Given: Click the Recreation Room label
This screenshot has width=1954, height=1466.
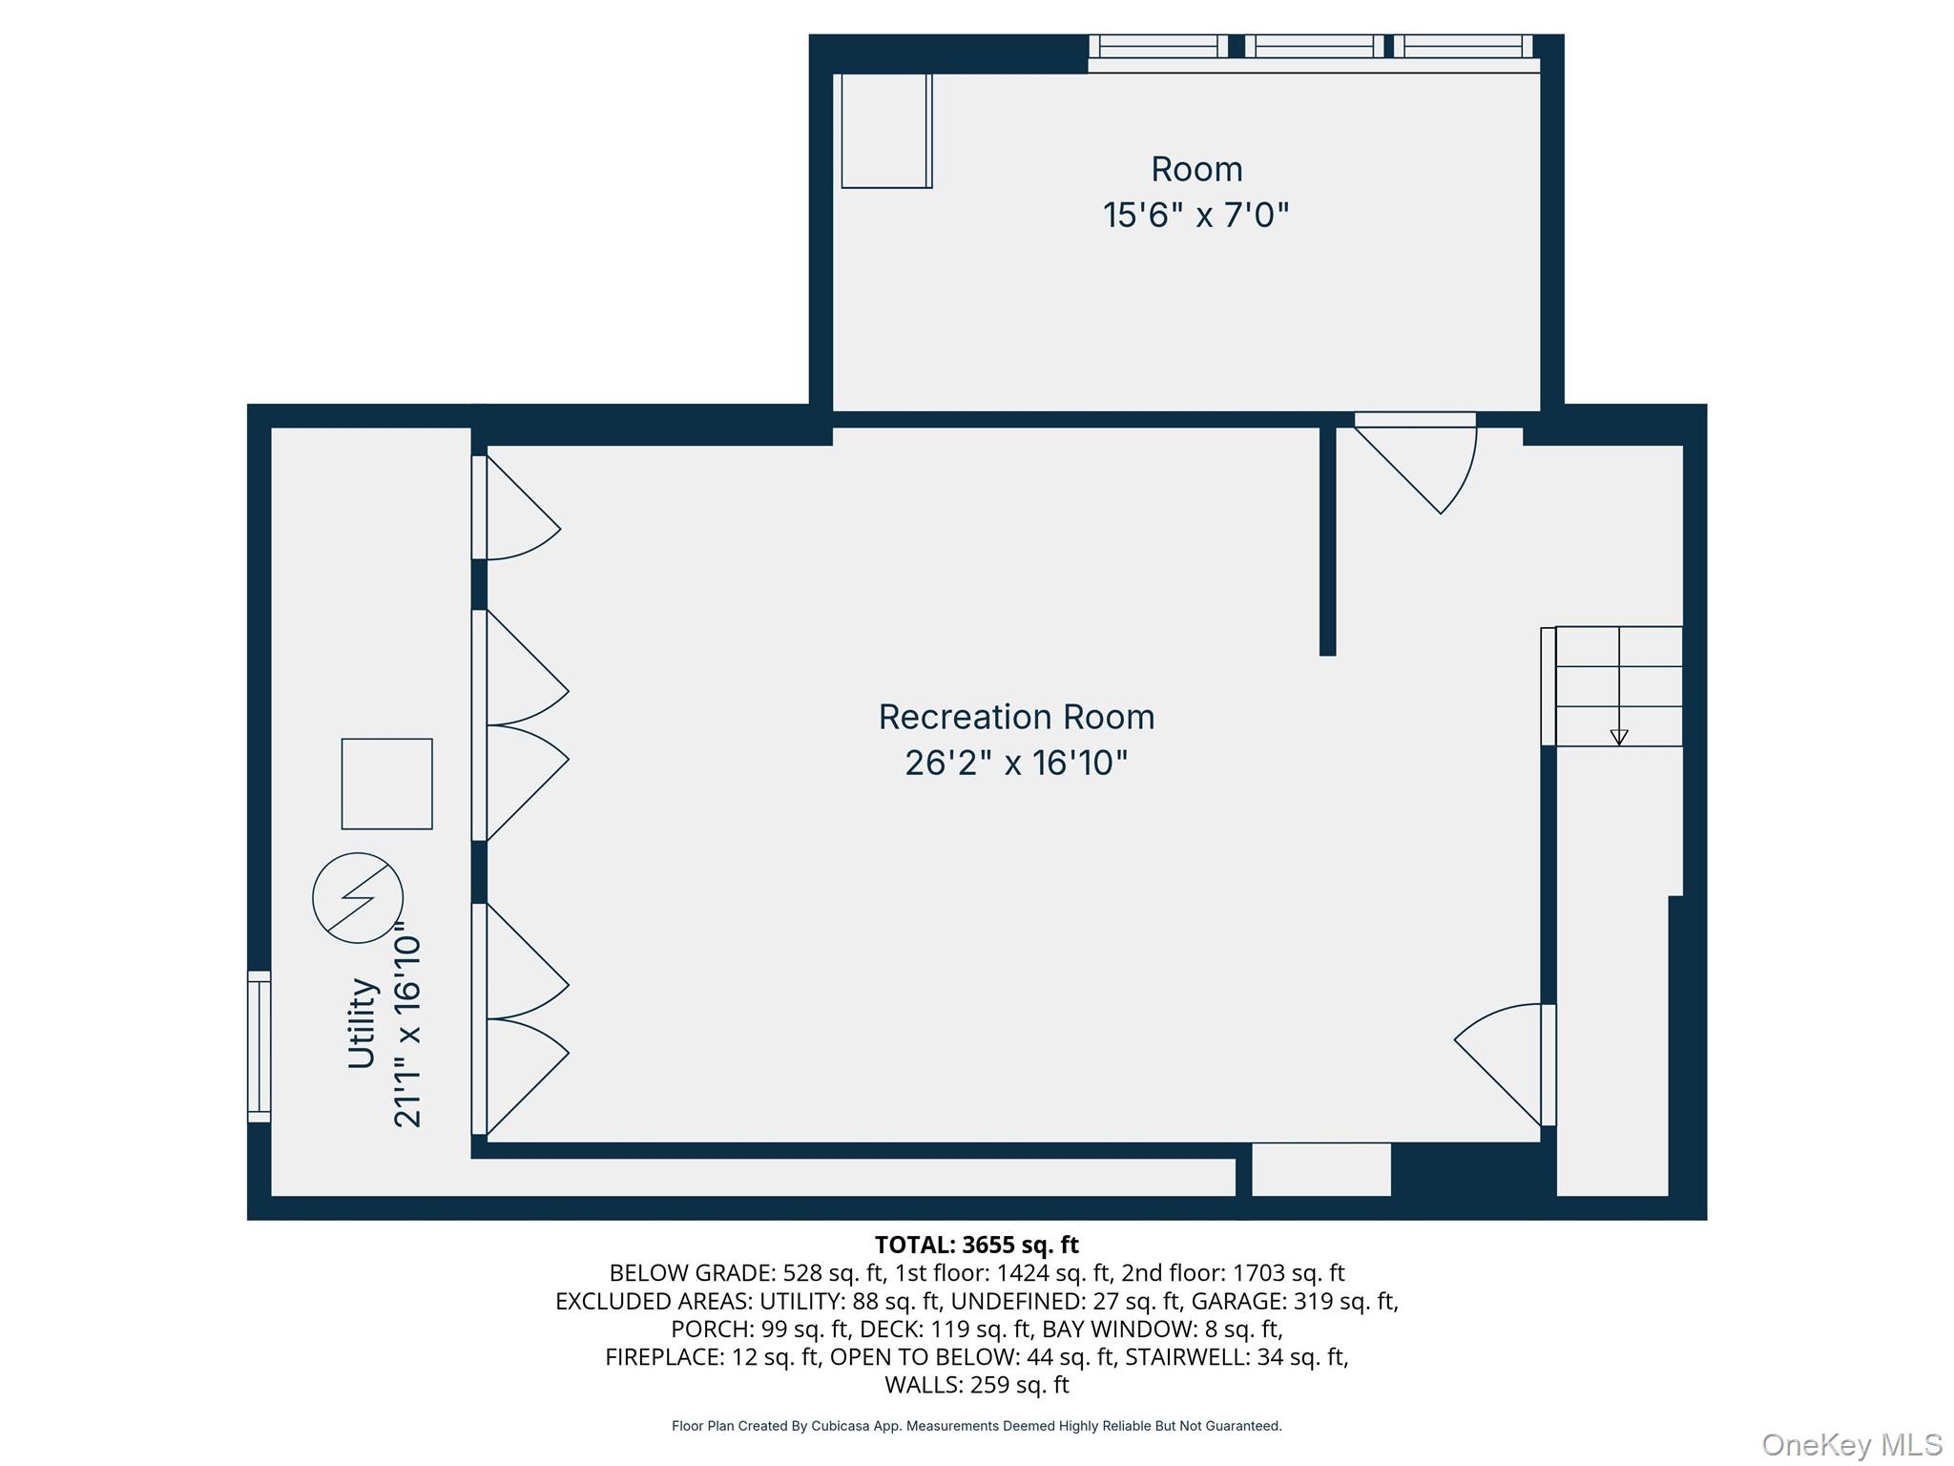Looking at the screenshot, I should [x=1016, y=717].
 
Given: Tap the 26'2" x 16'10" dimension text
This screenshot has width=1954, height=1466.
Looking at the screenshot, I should [x=1016, y=764].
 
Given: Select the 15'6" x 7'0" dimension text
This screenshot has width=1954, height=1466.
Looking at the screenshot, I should [x=1195, y=216].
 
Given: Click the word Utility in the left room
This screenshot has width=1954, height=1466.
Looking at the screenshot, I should [x=363, y=1023].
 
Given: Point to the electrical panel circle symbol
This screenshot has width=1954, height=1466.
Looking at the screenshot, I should [x=358, y=898].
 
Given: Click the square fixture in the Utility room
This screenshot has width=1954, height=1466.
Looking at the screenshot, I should [x=386, y=784].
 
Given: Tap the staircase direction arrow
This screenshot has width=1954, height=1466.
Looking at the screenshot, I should [x=1618, y=736].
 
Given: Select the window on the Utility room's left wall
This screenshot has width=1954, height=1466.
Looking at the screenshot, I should [x=259, y=1046].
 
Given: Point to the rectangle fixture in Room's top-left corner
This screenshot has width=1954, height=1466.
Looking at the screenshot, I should [x=885, y=131].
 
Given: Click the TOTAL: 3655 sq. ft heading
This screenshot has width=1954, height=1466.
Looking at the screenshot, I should [x=976, y=1245].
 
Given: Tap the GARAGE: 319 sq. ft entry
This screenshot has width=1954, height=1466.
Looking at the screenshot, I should [x=1294, y=1301].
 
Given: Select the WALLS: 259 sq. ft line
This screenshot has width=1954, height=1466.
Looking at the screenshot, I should [x=976, y=1384].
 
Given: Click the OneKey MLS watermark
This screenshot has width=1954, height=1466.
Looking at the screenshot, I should [x=1851, y=1444].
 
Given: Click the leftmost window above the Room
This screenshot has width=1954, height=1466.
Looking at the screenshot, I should [x=1158, y=47].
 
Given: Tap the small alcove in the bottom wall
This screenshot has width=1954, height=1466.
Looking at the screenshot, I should [x=1320, y=1169].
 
